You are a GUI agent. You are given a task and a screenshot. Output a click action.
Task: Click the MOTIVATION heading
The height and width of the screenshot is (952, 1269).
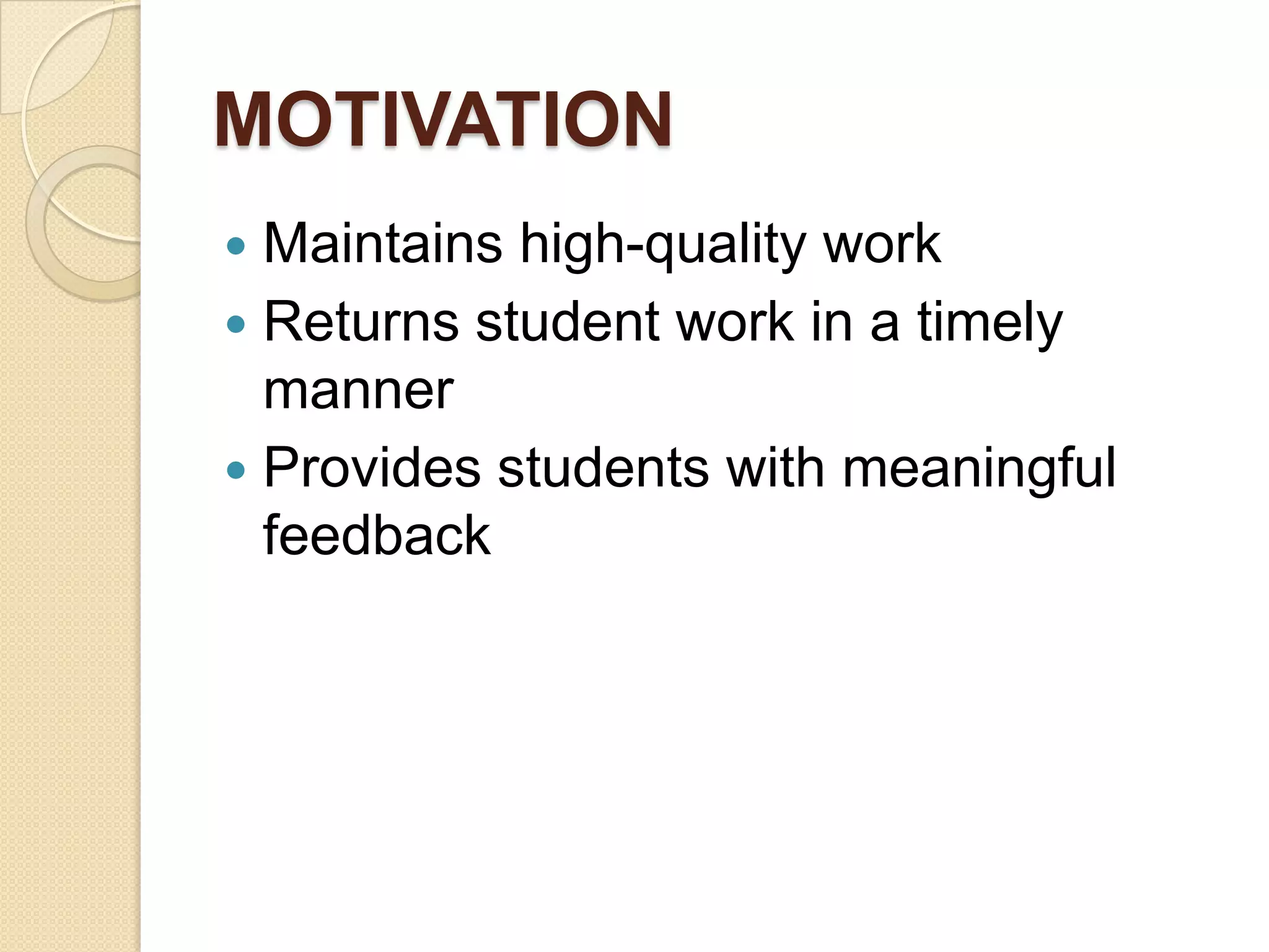click(442, 119)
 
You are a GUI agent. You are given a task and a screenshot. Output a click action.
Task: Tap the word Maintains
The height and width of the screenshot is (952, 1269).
click(382, 244)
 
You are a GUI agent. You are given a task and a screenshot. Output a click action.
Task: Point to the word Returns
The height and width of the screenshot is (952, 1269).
click(361, 322)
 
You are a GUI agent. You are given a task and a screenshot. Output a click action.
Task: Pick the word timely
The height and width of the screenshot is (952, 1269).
click(990, 323)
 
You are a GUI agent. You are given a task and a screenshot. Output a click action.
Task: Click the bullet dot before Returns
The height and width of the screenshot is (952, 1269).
click(236, 324)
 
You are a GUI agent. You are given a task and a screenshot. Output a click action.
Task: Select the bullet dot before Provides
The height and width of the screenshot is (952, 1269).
click(236, 470)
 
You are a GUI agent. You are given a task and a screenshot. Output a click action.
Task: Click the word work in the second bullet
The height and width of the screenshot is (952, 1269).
click(735, 322)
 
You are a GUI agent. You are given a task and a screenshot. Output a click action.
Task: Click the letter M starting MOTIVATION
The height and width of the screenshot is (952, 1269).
click(244, 119)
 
